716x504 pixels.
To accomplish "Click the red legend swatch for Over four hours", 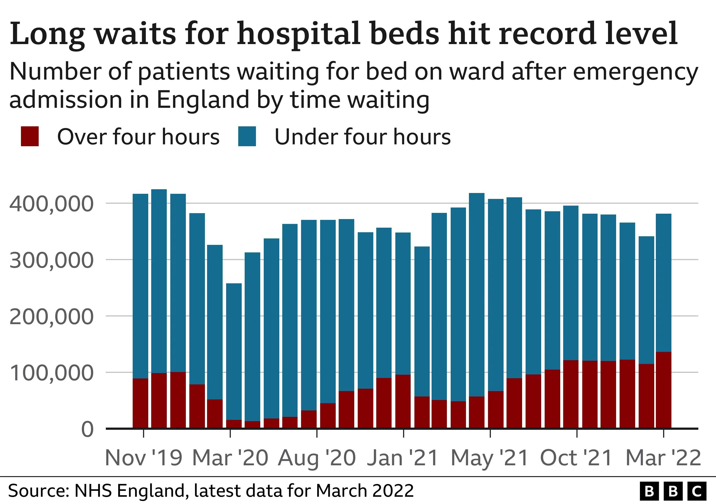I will (x=30, y=136).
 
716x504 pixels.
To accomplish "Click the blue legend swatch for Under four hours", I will (x=247, y=136).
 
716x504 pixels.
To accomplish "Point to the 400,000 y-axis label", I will (x=52, y=204).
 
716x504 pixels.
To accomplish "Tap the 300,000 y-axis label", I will (x=52, y=260).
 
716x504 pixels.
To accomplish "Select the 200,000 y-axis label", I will (x=52, y=317).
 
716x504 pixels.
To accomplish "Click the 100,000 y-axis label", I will (x=52, y=373).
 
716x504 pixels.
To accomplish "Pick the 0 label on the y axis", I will (x=87, y=430).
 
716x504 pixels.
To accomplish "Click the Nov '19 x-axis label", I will (x=143, y=458).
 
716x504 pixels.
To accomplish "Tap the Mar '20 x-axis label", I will (x=230, y=458).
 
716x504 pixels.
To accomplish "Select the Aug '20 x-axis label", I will (x=317, y=458).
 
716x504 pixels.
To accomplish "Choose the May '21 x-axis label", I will (x=490, y=458).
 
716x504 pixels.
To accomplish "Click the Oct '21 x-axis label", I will (x=577, y=458).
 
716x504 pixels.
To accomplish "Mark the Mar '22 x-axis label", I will (x=664, y=458).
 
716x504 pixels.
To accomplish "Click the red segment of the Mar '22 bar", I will (x=664, y=390).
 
